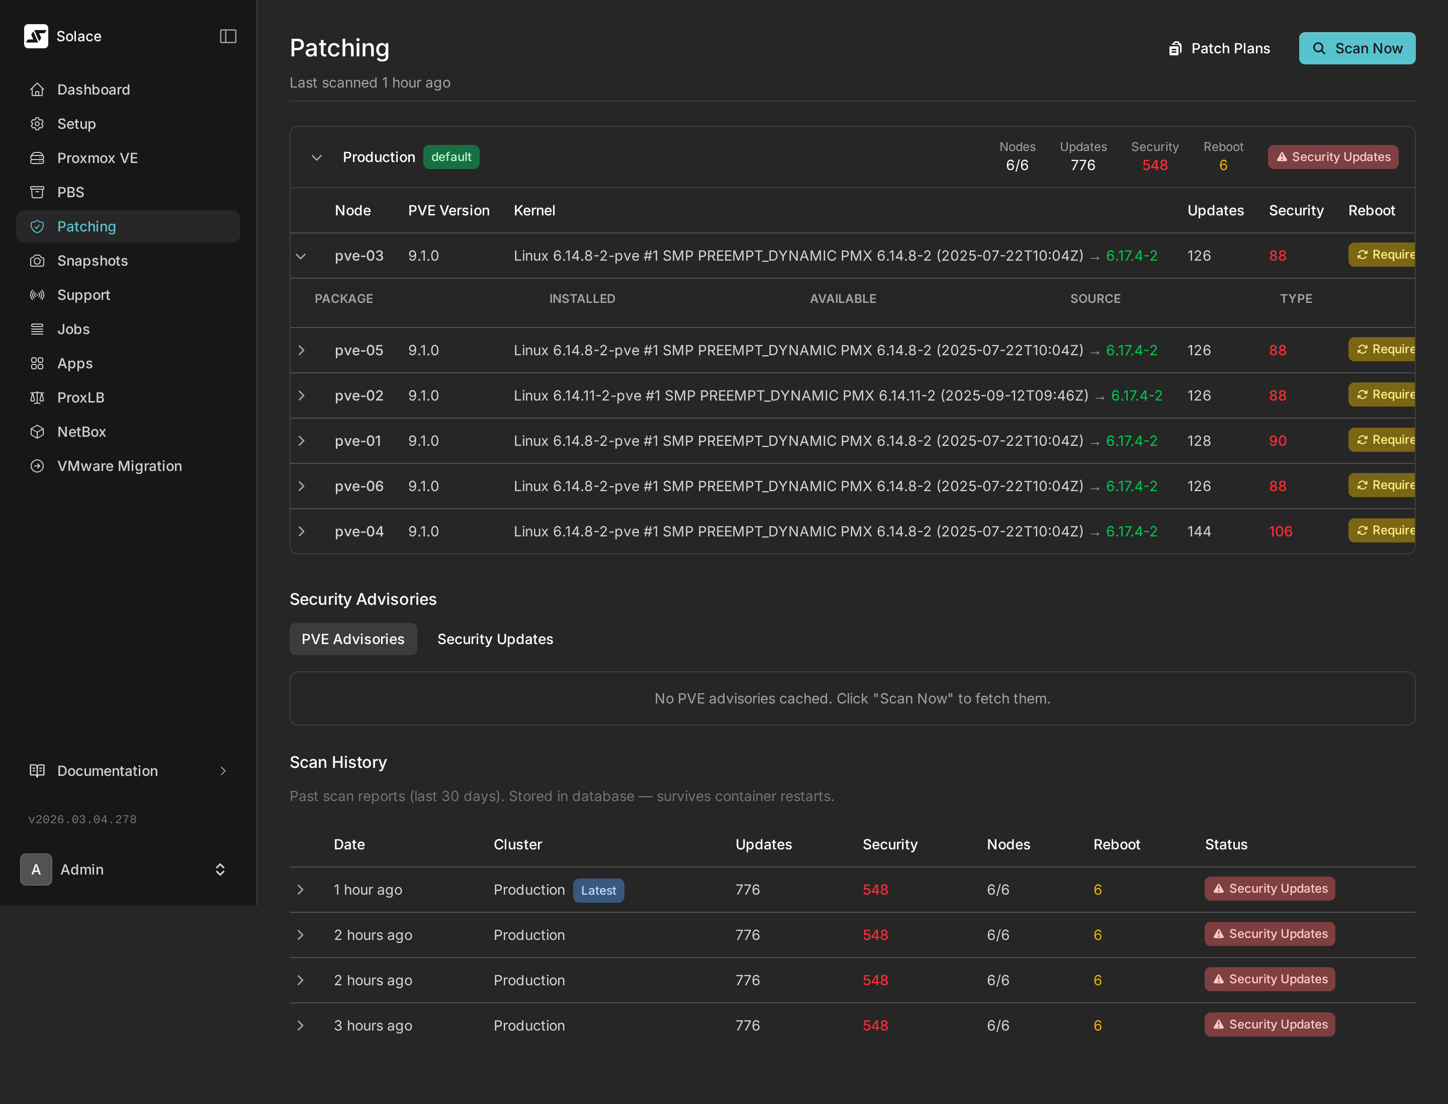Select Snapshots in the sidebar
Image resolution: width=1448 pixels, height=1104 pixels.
(x=92, y=261)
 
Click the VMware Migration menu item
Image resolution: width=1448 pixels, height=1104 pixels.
(x=119, y=466)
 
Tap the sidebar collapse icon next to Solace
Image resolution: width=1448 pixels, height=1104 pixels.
(x=228, y=36)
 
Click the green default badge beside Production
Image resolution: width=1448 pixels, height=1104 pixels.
(x=450, y=157)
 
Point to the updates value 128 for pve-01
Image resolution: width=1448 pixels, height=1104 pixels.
(x=1199, y=441)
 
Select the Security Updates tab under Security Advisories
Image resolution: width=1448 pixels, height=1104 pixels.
(x=495, y=640)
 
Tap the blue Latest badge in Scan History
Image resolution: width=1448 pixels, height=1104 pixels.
(x=598, y=891)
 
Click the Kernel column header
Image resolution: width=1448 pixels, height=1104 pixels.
(x=534, y=210)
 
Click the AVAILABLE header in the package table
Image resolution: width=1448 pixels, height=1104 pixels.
(x=843, y=298)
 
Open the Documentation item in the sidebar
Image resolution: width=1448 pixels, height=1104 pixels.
(x=107, y=771)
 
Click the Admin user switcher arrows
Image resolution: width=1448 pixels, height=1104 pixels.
(x=220, y=870)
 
